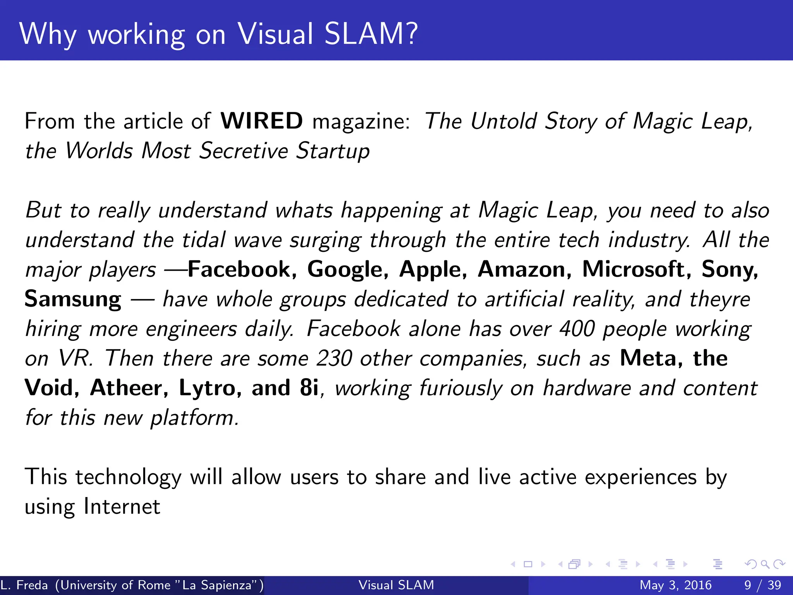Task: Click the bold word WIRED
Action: point(261,121)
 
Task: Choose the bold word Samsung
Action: point(73,299)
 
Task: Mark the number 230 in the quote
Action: point(334,358)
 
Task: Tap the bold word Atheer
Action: point(129,388)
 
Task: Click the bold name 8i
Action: point(309,388)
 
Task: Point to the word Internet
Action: point(122,506)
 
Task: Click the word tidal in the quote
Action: point(204,240)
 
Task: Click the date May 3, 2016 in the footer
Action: point(675,585)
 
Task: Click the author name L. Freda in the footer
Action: point(24,585)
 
